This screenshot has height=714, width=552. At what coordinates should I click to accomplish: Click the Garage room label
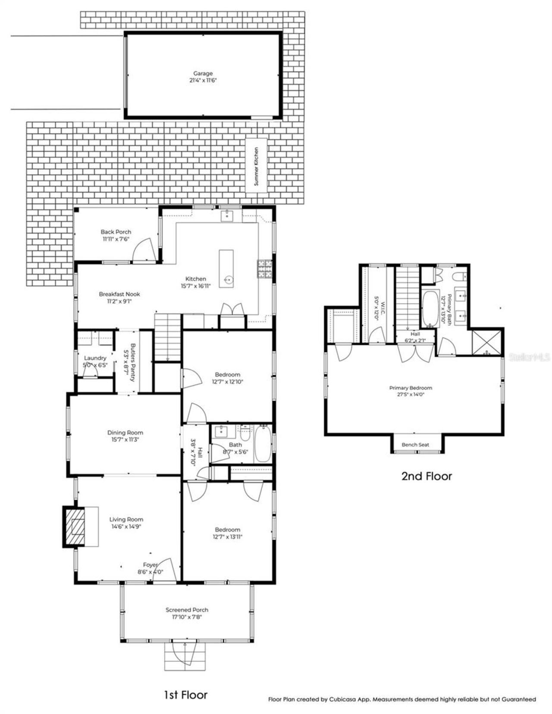point(203,74)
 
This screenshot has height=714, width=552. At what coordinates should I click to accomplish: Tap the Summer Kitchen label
point(256,166)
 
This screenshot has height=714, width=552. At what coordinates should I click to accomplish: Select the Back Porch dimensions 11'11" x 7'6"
point(116,239)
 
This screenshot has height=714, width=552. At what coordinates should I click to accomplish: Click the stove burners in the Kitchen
point(264,269)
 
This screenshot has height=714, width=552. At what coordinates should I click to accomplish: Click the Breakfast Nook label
point(119,294)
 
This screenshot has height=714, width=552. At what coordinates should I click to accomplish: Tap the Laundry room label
point(95,358)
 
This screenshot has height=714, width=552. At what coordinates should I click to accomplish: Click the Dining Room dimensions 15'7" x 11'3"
point(125,440)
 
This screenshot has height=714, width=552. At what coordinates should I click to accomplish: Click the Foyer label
point(150,565)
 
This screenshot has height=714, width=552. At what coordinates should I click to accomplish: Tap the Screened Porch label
point(187,610)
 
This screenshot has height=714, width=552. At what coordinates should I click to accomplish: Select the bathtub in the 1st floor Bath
point(262,444)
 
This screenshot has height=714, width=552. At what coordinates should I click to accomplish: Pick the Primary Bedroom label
point(411,388)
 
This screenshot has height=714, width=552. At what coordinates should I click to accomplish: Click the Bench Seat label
point(415,445)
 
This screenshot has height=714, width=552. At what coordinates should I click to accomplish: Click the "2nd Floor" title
point(427,476)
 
